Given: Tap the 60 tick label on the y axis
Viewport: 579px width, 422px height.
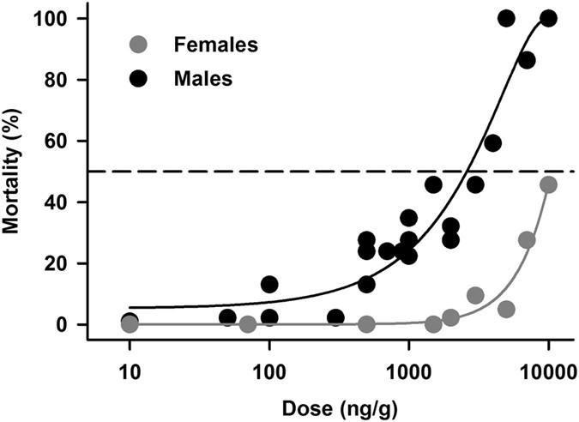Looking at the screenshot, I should coord(63,141).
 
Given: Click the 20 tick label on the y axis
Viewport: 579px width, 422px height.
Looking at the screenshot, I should coord(63,263).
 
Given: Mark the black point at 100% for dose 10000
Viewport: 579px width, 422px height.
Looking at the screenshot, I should coord(548,18).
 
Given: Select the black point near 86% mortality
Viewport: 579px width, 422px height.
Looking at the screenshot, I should coord(527,60).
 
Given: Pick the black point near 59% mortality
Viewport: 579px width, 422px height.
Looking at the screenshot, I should coord(492,143).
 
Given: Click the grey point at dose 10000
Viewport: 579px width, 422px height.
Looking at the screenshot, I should coord(548,184).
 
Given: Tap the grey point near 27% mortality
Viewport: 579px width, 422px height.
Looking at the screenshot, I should coord(527,240).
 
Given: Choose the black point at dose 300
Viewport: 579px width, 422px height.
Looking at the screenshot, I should coord(335,317).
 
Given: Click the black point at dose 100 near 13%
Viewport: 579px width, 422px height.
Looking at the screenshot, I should coord(269,284).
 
